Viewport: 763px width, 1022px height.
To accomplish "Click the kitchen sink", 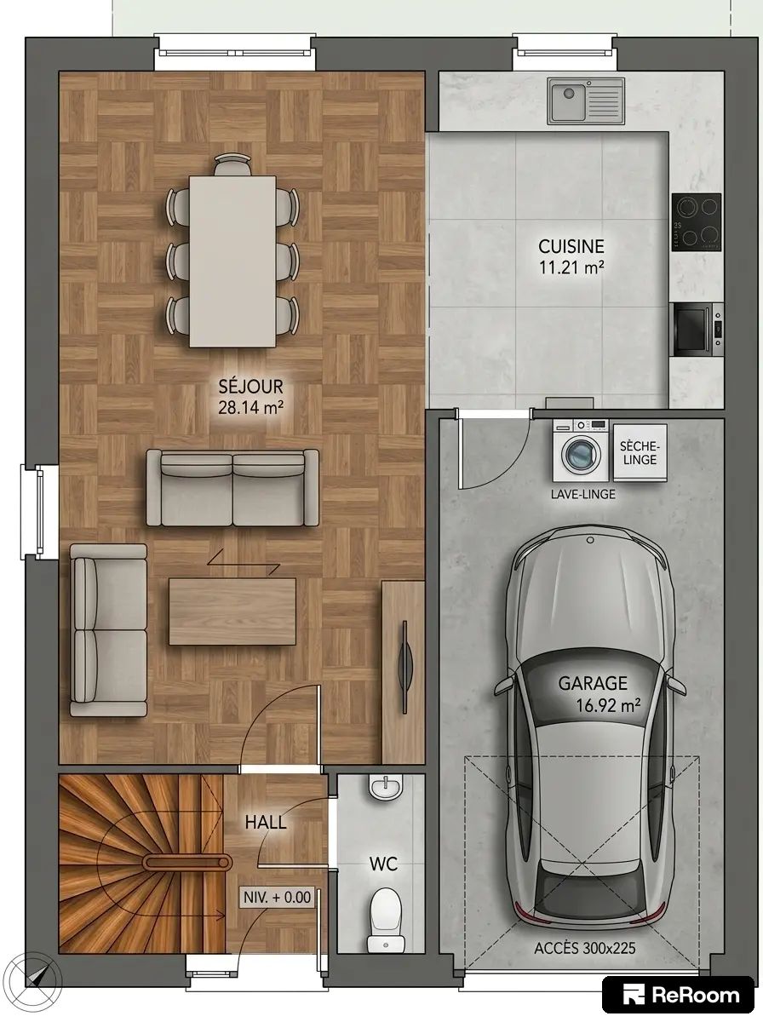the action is [586, 101].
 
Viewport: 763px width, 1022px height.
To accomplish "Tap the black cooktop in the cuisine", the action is [697, 221].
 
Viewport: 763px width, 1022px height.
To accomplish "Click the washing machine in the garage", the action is [581, 451].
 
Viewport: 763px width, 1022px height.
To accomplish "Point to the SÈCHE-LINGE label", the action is [640, 453].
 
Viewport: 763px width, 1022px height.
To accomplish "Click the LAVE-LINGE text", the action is [582, 494].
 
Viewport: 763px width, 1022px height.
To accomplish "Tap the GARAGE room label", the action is [593, 683].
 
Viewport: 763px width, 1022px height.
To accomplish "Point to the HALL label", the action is [266, 823].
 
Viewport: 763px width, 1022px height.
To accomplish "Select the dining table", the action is [232, 261].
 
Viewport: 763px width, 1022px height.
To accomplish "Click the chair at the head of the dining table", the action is [232, 164].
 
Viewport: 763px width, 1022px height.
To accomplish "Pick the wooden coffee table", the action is [232, 611].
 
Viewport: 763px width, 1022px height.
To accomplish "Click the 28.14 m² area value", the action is [251, 407].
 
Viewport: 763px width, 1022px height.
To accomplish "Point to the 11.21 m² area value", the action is [571, 267].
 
